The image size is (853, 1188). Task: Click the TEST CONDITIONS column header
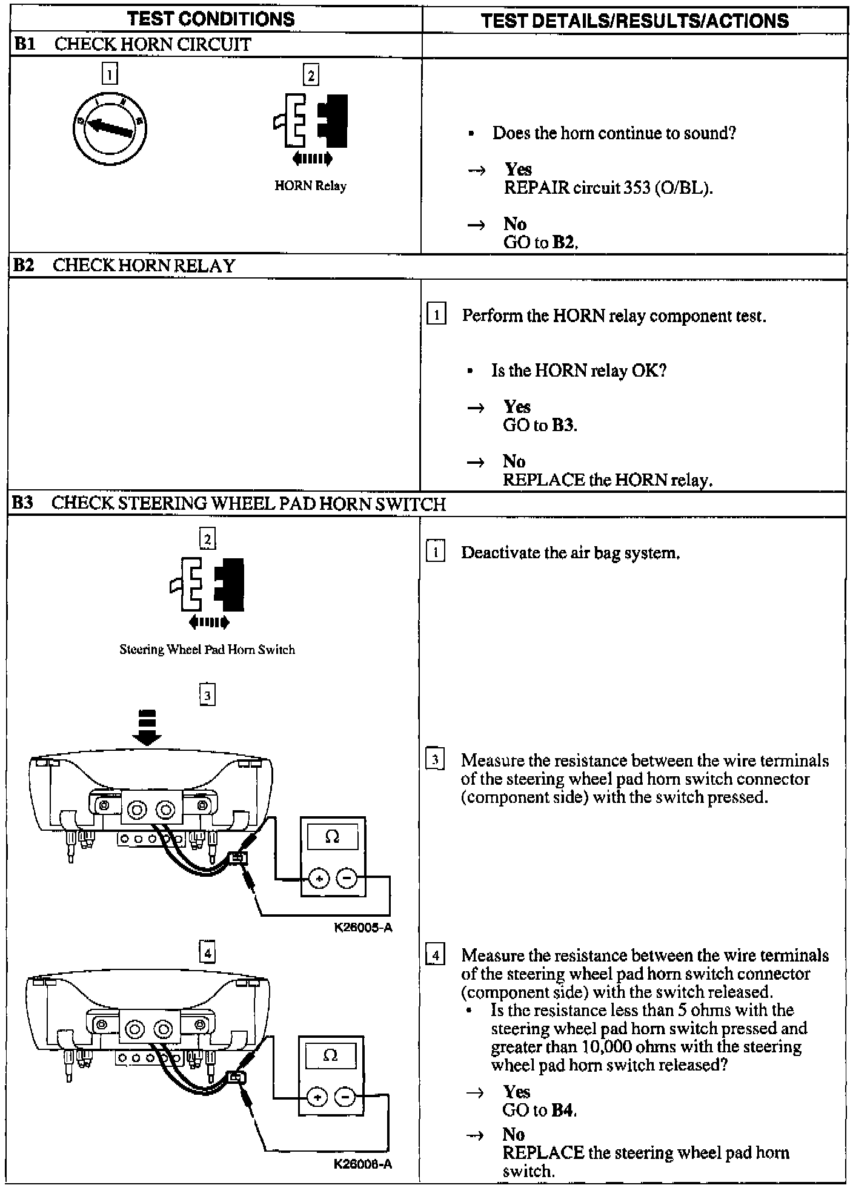pyautogui.click(x=211, y=19)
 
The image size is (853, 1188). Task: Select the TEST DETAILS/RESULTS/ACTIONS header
pyautogui.click(x=635, y=21)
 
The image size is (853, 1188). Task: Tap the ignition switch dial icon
pyautogui.click(x=109, y=128)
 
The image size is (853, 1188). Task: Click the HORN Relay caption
pyautogui.click(x=310, y=186)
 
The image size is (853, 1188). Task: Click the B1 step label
pyautogui.click(x=25, y=44)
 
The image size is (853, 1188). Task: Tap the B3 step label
pyautogui.click(x=23, y=503)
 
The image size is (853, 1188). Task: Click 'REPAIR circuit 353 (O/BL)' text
pyautogui.click(x=608, y=188)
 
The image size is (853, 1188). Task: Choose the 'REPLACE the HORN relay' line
pyautogui.click(x=608, y=480)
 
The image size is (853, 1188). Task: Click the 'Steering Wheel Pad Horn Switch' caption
pyautogui.click(x=207, y=650)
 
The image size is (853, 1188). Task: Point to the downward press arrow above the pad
pyautogui.click(x=147, y=727)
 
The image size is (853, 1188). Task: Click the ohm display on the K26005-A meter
pyautogui.click(x=333, y=837)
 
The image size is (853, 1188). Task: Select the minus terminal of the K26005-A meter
pyautogui.click(x=347, y=877)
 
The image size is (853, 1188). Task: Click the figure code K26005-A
pyautogui.click(x=363, y=927)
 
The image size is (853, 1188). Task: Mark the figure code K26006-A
pyautogui.click(x=362, y=1164)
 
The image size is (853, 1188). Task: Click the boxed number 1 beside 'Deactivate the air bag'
pyautogui.click(x=436, y=552)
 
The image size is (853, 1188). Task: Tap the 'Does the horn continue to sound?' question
pyautogui.click(x=614, y=133)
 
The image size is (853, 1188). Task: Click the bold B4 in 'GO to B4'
pyautogui.click(x=563, y=1110)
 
